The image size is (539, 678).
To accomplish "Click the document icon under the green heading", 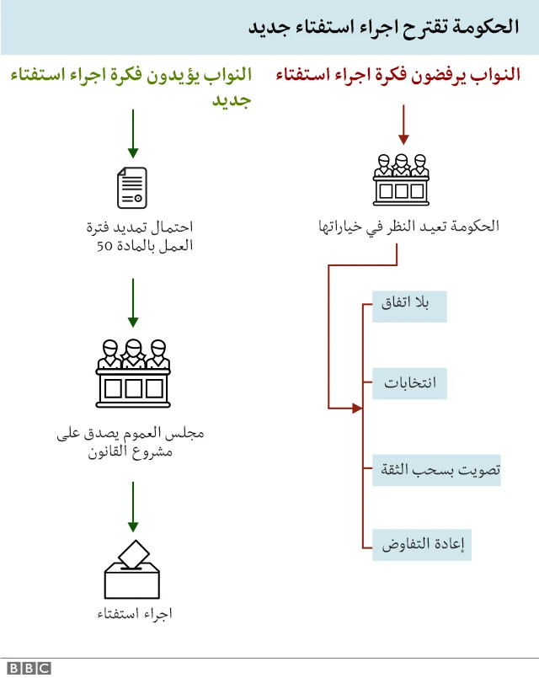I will (x=132, y=187).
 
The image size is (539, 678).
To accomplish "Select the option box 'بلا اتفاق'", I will (x=409, y=307).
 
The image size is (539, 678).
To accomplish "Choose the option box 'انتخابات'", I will (x=409, y=383).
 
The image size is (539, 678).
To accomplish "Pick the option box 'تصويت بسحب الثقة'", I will (x=436, y=469).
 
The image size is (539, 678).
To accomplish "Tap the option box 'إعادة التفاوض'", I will (x=421, y=544).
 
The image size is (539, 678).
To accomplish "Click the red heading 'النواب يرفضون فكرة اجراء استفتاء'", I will (x=398, y=76).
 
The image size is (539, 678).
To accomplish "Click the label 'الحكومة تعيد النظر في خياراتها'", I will (x=408, y=227).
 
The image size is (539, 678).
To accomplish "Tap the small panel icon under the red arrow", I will (x=402, y=179).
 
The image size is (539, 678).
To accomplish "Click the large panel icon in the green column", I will (x=132, y=371).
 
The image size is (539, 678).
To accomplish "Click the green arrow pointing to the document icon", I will (x=132, y=135).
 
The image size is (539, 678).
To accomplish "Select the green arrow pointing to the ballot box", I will (x=132, y=507).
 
